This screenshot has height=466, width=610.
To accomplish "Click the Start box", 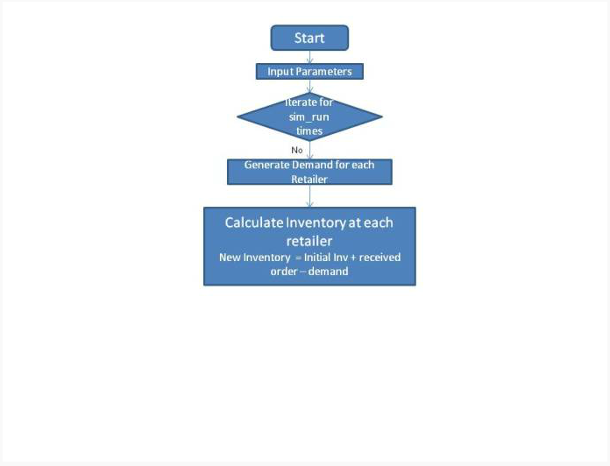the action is click(x=309, y=38).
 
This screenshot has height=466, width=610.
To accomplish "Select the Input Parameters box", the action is click(x=309, y=72).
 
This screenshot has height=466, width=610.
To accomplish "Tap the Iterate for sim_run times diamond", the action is click(x=309, y=116).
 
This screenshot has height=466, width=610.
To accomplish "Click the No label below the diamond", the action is click(x=297, y=150).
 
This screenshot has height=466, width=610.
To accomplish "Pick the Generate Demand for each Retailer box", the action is click(x=309, y=172).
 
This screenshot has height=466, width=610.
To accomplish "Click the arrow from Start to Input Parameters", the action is click(x=309, y=57).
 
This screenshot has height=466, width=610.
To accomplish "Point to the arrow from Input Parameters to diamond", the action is click(x=309, y=87).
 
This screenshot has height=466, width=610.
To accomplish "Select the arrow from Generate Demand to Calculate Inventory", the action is click(x=309, y=196).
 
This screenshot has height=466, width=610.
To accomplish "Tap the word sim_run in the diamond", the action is click(x=309, y=117).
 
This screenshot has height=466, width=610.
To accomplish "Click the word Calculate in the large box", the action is click(x=254, y=222).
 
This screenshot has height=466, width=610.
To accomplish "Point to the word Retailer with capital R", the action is click(x=309, y=180).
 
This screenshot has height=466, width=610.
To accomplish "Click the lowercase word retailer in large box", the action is click(x=309, y=241).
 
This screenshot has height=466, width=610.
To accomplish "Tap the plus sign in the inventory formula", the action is click(x=353, y=258).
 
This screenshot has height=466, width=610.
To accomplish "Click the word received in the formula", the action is click(x=379, y=258).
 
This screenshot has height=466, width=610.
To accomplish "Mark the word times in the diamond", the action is click(x=309, y=131).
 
